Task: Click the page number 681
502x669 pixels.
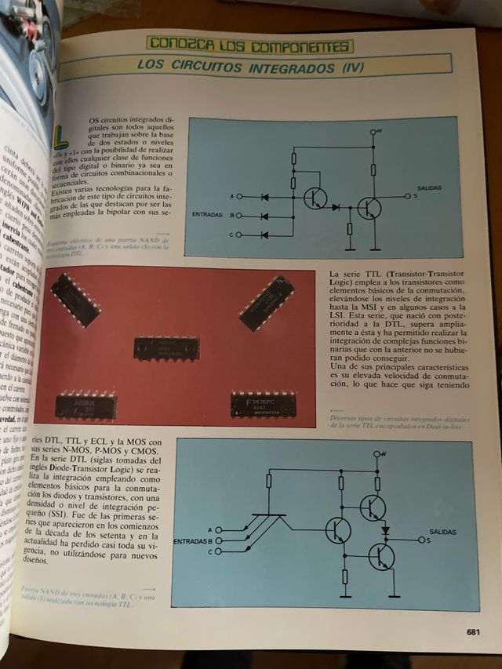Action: tap(472, 632)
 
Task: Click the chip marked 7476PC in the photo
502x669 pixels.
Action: tap(264, 404)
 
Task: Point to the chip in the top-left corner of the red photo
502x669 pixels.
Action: tap(75, 300)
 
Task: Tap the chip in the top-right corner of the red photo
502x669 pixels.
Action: tap(267, 302)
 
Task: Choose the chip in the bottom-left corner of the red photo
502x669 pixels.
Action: tap(87, 404)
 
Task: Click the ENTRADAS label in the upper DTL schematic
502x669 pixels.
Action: tap(208, 214)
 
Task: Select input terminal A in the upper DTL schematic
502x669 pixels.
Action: tap(239, 196)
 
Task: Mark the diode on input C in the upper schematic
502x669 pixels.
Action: tap(264, 235)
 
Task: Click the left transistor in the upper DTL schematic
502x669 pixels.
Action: tap(315, 198)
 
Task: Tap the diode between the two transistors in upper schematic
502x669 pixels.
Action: tap(336, 208)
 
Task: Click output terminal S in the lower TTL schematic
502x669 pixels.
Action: tap(422, 540)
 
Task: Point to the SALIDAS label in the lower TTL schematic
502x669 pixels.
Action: tap(444, 532)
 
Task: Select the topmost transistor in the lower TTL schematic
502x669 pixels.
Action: tap(372, 507)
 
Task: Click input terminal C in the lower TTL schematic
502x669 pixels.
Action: tap(218, 551)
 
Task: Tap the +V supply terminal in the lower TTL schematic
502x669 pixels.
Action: tap(377, 454)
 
